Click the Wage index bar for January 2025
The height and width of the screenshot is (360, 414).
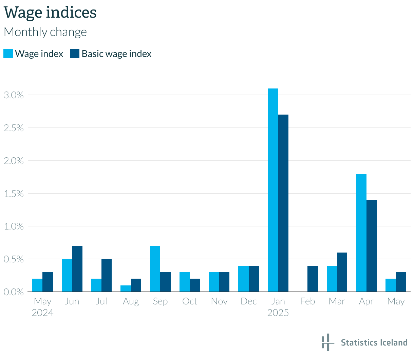(273, 190)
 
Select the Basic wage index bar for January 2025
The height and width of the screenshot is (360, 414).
(283, 203)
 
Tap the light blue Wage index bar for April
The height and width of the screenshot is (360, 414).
(361, 233)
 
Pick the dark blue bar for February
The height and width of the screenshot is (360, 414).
(313, 279)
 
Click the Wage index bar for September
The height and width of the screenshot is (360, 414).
(155, 268)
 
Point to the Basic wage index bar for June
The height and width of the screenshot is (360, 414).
(77, 268)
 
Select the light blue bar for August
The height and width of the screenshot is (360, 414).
(126, 288)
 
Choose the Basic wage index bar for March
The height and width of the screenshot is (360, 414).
(342, 272)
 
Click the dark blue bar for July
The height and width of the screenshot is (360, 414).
(107, 275)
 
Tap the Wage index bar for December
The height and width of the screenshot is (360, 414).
(243, 279)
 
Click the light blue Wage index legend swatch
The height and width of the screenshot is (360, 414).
(8, 54)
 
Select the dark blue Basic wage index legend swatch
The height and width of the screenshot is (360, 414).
(75, 54)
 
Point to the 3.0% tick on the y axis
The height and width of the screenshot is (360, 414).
(14, 95)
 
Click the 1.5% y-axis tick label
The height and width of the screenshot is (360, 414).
(14, 194)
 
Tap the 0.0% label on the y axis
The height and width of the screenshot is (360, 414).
(14, 292)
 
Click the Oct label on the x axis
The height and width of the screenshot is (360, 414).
(190, 301)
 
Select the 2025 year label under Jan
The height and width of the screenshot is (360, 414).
(278, 313)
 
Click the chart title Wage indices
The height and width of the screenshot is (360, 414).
(50, 13)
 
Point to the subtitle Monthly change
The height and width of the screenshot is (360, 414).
(45, 32)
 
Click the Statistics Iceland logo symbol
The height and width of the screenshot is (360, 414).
(328, 342)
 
